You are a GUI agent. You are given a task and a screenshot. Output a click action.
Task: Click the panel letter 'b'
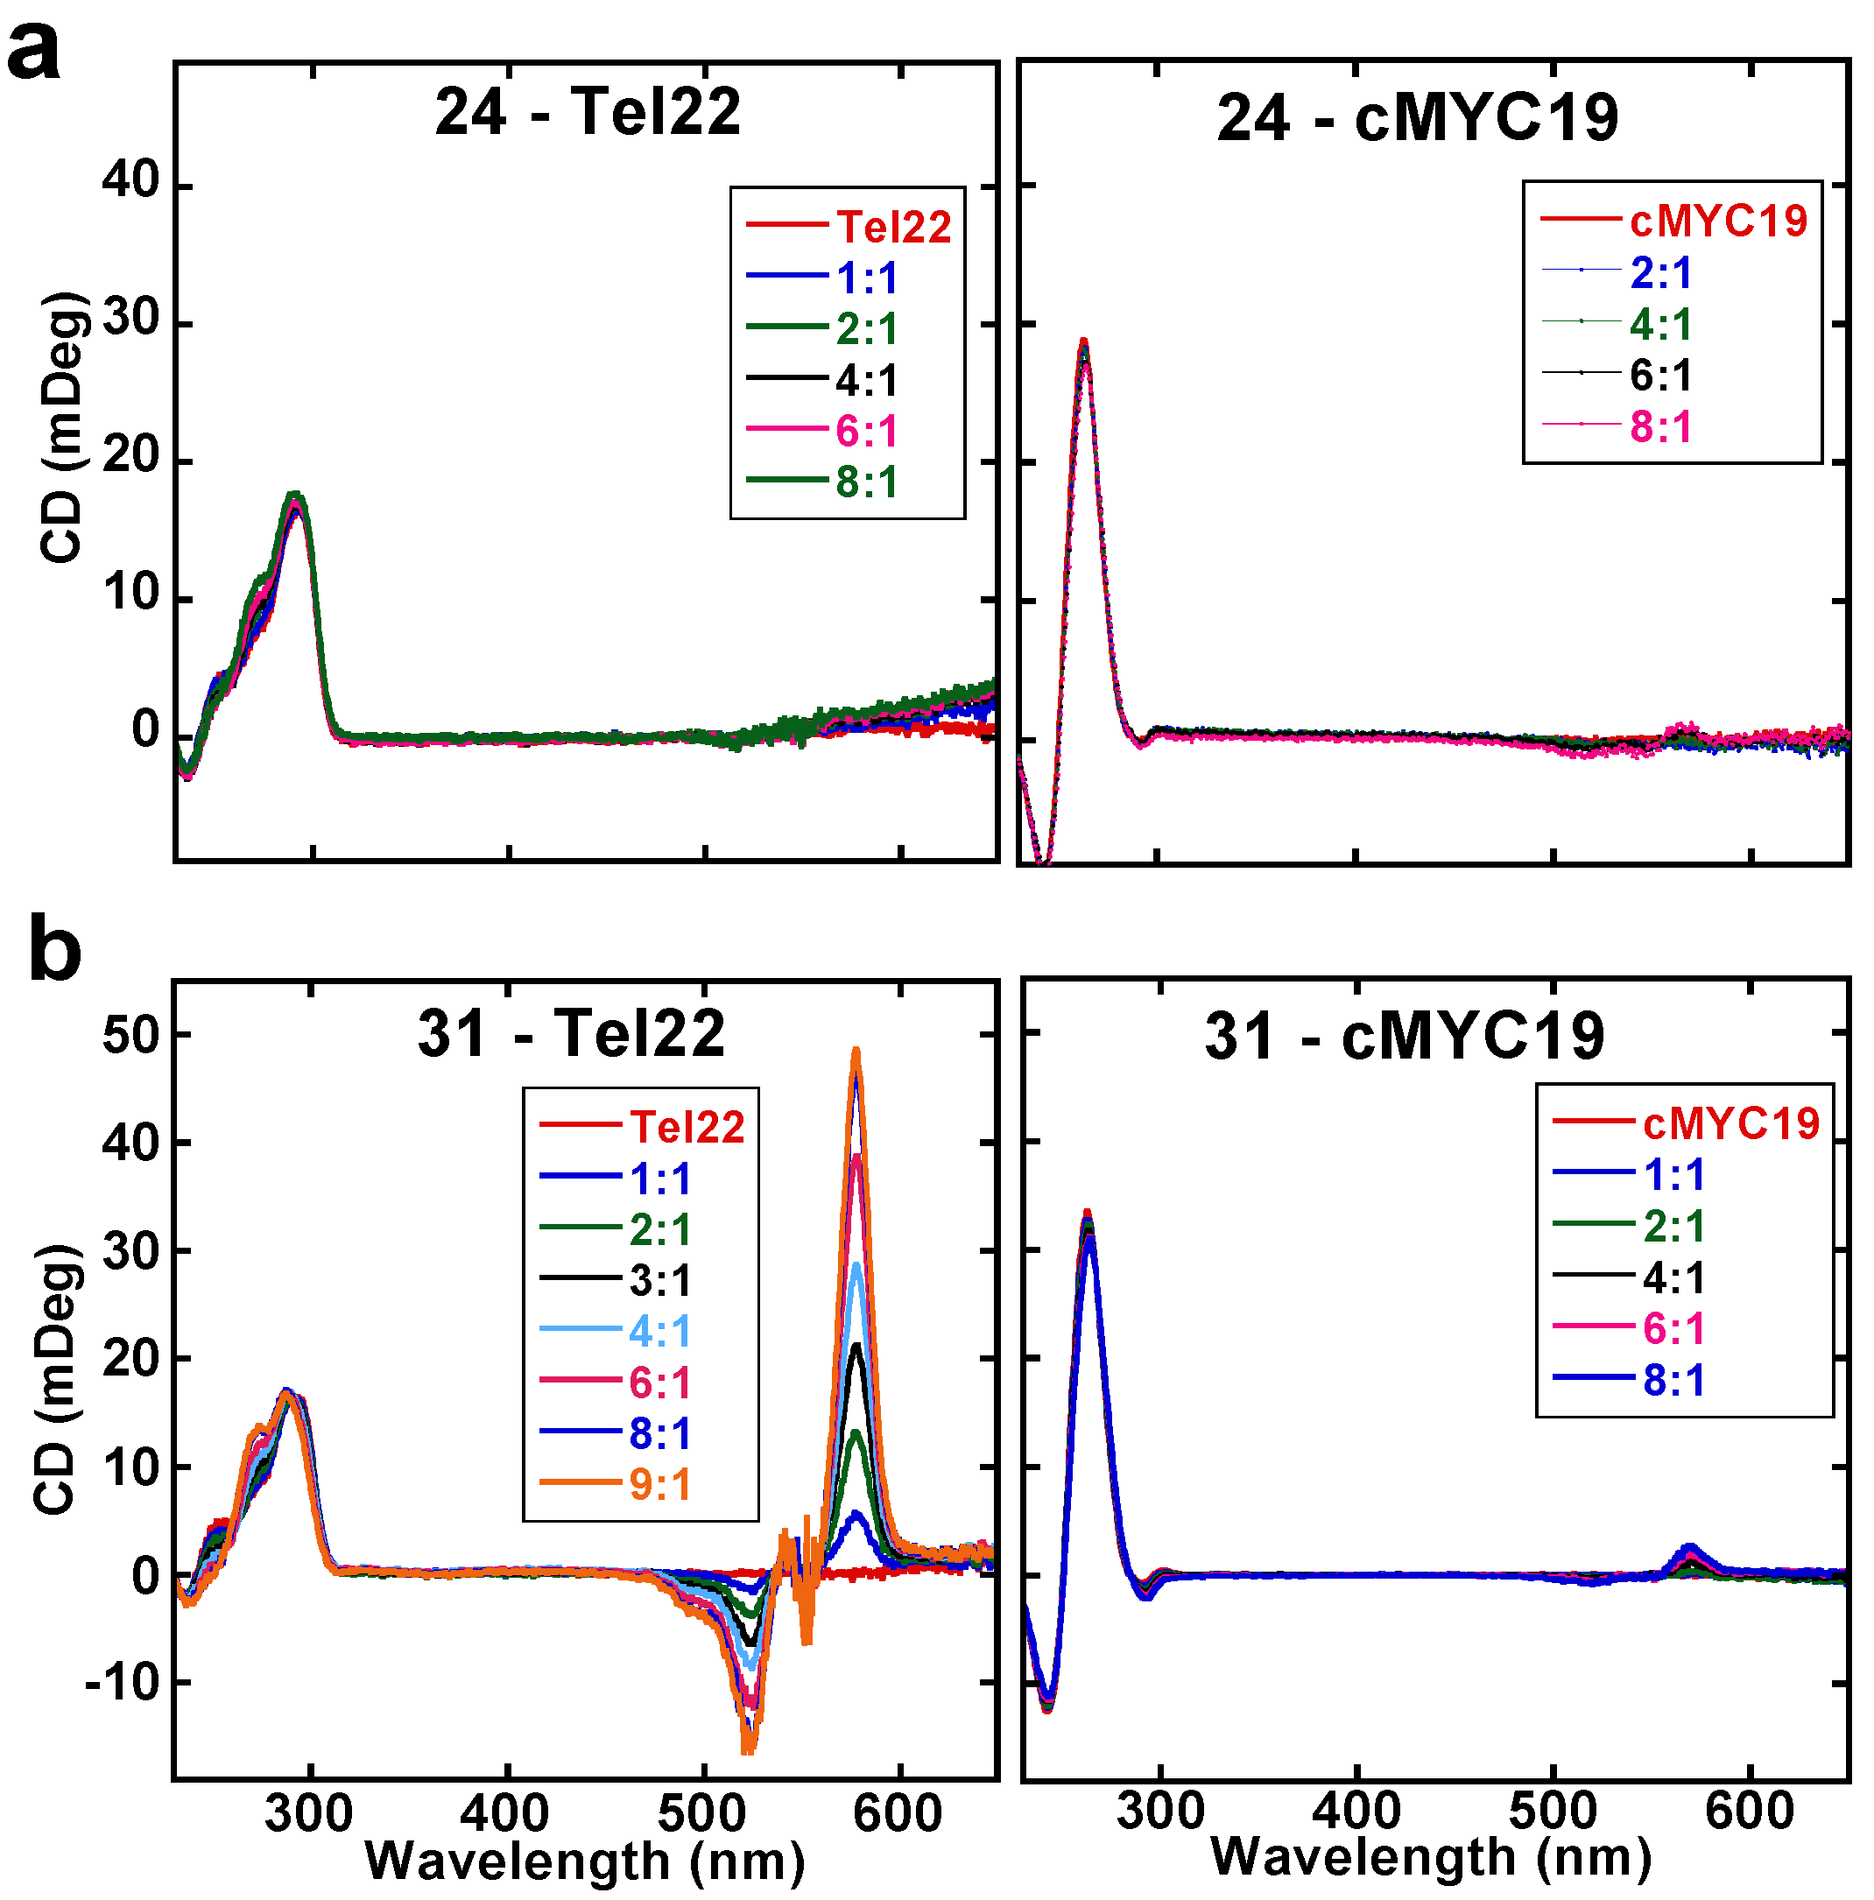54,951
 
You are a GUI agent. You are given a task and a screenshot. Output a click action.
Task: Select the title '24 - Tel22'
588,112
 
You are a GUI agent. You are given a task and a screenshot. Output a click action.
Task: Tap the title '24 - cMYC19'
1417,119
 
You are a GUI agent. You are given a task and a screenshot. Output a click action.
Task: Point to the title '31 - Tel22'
571,1035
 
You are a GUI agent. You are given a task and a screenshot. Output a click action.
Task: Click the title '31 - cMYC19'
1404,1037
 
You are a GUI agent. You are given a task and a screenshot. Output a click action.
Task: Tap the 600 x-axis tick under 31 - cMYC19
1749,1811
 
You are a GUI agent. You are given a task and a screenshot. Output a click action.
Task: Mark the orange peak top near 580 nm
856,1052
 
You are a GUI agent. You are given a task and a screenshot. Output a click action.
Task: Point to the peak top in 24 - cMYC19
1083,341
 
